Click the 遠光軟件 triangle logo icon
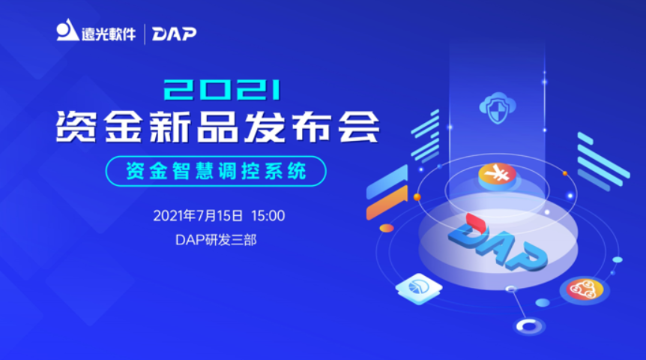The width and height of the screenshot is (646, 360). pyautogui.click(x=67, y=32)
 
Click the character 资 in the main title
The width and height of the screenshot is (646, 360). pyautogui.click(x=75, y=127)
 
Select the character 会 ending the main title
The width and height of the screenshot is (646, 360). pyautogui.click(x=357, y=127)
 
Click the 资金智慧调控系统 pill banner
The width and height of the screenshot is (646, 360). pyautogui.click(x=216, y=171)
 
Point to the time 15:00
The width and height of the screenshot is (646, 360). pyautogui.click(x=268, y=216)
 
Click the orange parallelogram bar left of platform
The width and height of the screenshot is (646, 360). pyautogui.click(x=386, y=203)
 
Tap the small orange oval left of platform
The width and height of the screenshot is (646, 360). pyautogui.click(x=387, y=227)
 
